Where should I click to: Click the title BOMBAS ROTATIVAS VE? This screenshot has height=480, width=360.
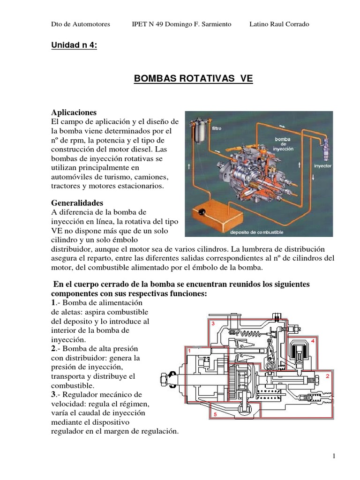193,79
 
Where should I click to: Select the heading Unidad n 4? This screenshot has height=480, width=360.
74,45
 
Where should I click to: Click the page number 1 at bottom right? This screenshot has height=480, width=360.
333,456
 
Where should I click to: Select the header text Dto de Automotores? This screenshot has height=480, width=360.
80,24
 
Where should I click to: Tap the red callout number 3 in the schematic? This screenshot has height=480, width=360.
213,323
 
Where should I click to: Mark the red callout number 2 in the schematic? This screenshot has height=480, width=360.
328,376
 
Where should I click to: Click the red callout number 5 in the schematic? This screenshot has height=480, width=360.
215,415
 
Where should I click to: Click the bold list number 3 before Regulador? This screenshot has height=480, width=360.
52,395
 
